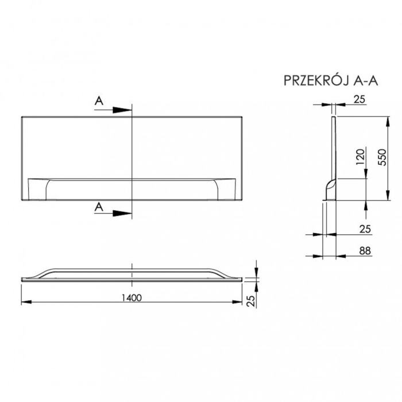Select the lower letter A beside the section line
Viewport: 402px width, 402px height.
pyautogui.click(x=100, y=207)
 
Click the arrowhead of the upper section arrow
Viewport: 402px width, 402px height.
pyautogui.click(x=125, y=109)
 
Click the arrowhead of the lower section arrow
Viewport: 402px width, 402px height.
pyautogui.click(x=125, y=212)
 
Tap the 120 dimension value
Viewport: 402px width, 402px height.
pyautogui.click(x=359, y=157)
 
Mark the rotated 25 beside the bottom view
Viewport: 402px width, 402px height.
pyautogui.click(x=251, y=300)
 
